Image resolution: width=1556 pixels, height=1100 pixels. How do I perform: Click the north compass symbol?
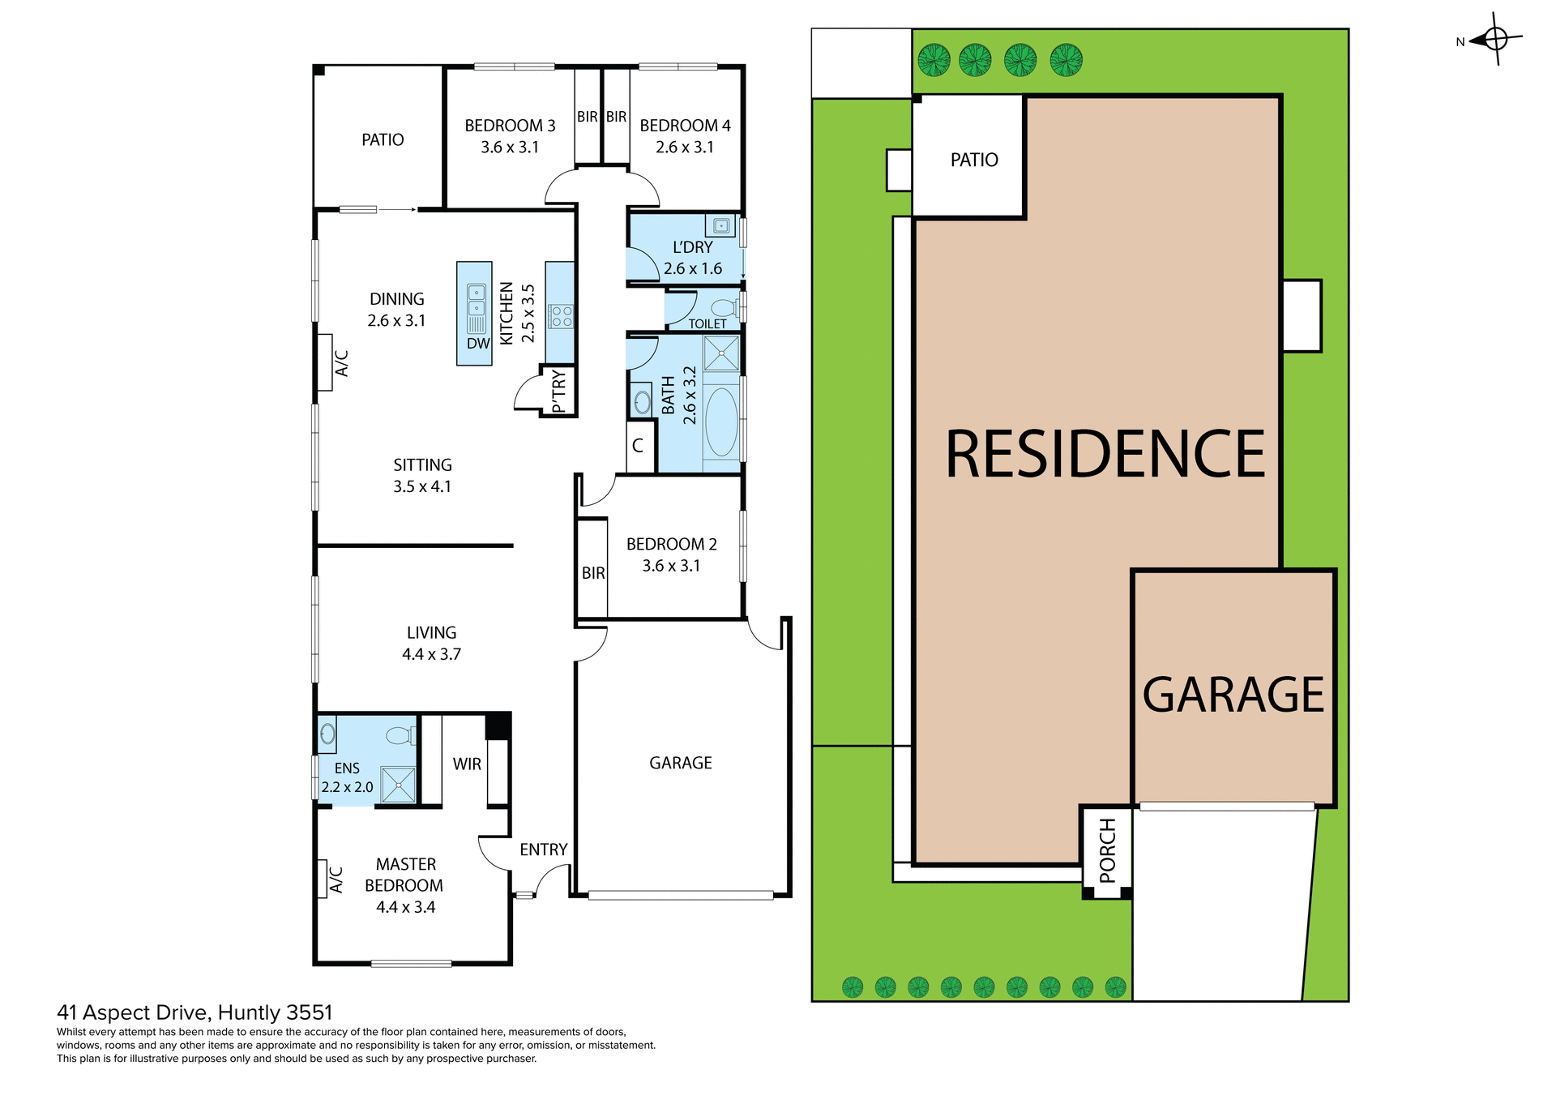coord(1495,39)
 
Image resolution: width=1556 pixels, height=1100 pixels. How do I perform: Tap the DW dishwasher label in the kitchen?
coord(478,343)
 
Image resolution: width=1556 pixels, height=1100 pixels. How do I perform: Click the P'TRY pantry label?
coord(558,391)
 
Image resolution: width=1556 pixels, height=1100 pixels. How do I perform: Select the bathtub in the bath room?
coord(721,422)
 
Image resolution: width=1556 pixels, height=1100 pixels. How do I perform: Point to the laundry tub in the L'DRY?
coord(720,225)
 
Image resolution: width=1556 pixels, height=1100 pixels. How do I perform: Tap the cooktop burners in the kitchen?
coord(561,316)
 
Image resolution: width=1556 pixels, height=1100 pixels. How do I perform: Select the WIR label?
coord(467,764)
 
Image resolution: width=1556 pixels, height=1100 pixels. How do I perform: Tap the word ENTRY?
coord(543,850)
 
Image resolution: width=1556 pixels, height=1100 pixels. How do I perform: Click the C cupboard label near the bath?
coord(638,446)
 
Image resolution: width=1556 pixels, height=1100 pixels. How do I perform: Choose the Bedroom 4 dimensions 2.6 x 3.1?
coord(685,148)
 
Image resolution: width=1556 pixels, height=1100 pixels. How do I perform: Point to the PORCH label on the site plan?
coord(1107,850)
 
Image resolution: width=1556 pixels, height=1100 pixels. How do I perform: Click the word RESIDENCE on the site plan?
coord(1105,455)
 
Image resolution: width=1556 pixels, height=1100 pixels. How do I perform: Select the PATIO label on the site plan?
coord(974,160)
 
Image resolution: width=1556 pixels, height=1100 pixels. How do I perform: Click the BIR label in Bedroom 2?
coord(593,573)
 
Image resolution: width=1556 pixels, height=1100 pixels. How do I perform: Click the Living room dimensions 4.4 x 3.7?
coord(431,654)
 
